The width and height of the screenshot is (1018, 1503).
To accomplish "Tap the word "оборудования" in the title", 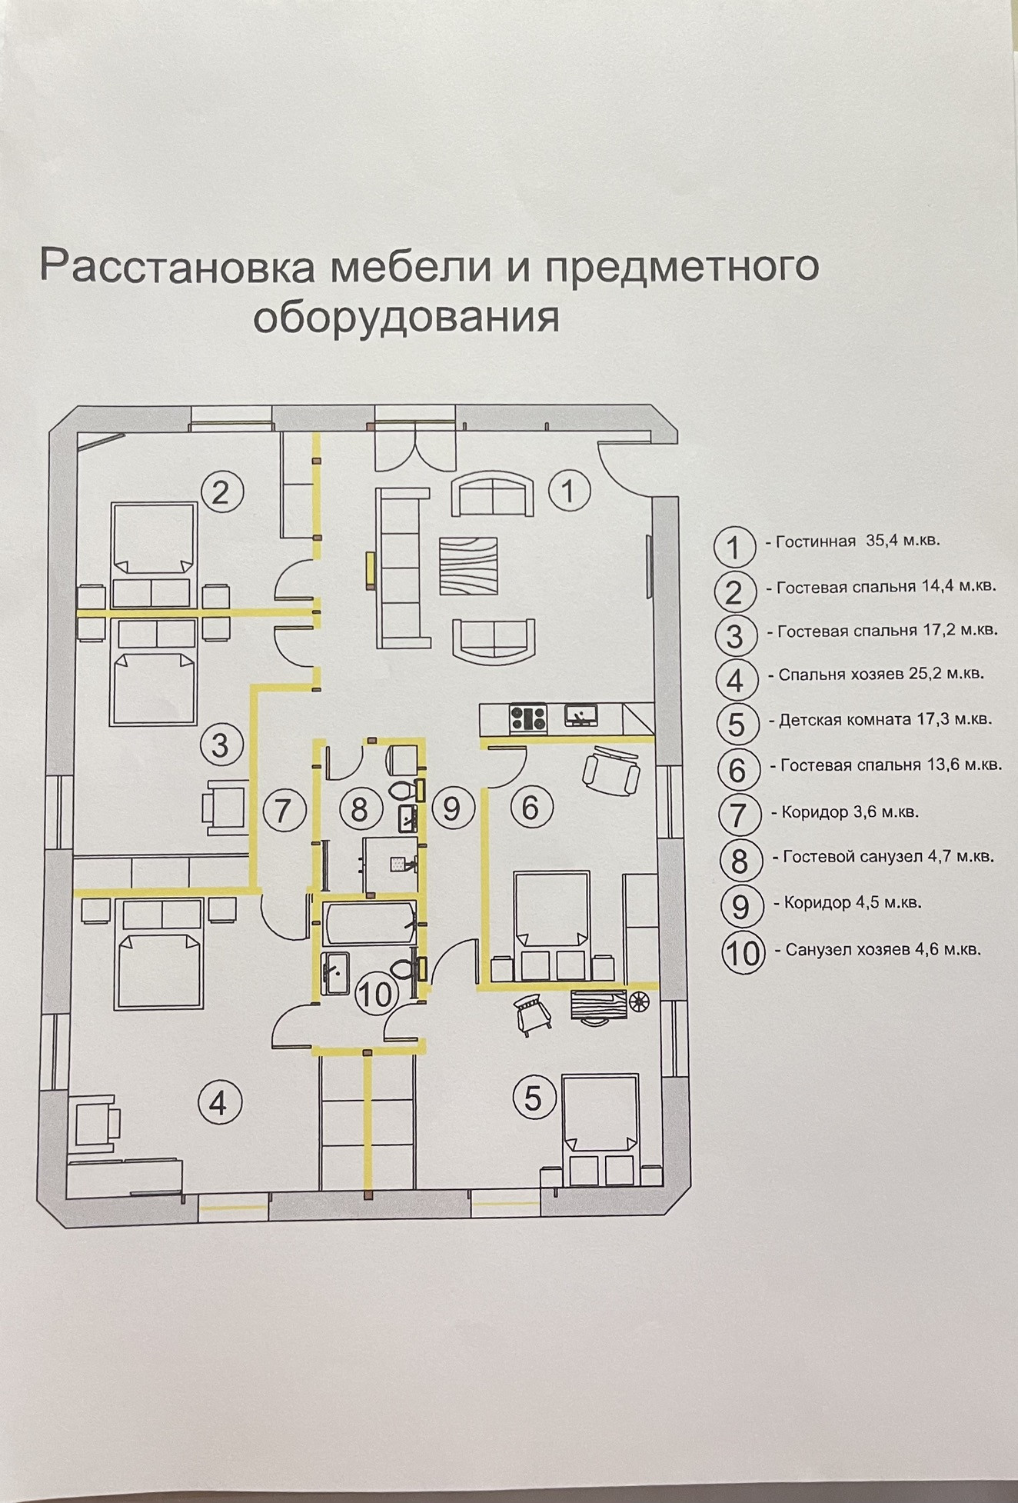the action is (x=406, y=316).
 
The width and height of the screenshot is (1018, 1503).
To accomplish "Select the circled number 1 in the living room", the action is (x=569, y=490).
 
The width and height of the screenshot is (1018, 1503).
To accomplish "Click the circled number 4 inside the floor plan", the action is (x=219, y=1103).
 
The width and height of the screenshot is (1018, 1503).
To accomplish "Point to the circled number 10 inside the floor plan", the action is (x=376, y=995).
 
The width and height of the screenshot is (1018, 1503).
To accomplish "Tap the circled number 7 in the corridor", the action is (x=284, y=810).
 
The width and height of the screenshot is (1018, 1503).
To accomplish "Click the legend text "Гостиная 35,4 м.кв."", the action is (x=857, y=541).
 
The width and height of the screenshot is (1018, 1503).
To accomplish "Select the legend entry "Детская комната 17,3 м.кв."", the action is (x=884, y=721).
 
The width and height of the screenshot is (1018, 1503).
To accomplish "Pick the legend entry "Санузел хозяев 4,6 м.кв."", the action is (x=883, y=950).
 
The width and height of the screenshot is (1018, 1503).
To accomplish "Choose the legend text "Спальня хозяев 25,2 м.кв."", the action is (x=880, y=675).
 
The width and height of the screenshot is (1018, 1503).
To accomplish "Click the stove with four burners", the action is (x=528, y=718).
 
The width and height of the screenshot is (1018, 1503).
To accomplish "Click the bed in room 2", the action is (x=154, y=538).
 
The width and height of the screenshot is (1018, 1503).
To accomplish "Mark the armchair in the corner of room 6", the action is (x=612, y=767).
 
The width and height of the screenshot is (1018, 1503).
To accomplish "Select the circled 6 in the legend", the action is (x=737, y=769).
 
